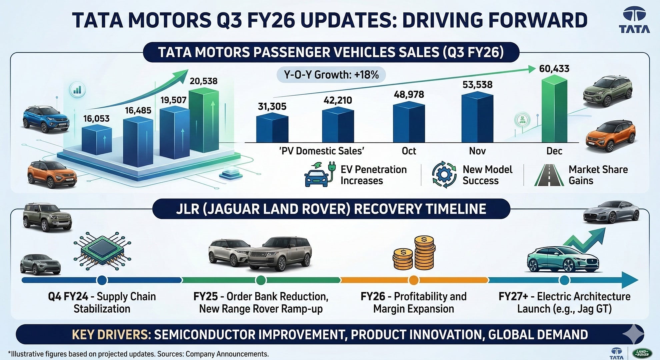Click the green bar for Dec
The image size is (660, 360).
coord(554,110)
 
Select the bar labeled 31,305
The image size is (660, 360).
coord(272,128)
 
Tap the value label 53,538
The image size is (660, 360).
coord(477,85)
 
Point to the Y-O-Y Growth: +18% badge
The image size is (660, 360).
coord(331,75)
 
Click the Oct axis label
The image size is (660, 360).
coord(409,151)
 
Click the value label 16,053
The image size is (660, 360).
coord(96,119)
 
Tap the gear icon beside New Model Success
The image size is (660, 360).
coord(444,174)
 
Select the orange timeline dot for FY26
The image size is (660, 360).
coord(414,280)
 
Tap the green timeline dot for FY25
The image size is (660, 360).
coord(261,280)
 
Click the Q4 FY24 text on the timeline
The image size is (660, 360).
coord(68,296)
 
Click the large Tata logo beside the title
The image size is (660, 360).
coord(634,21)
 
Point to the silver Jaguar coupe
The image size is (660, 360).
coord(611,212)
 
